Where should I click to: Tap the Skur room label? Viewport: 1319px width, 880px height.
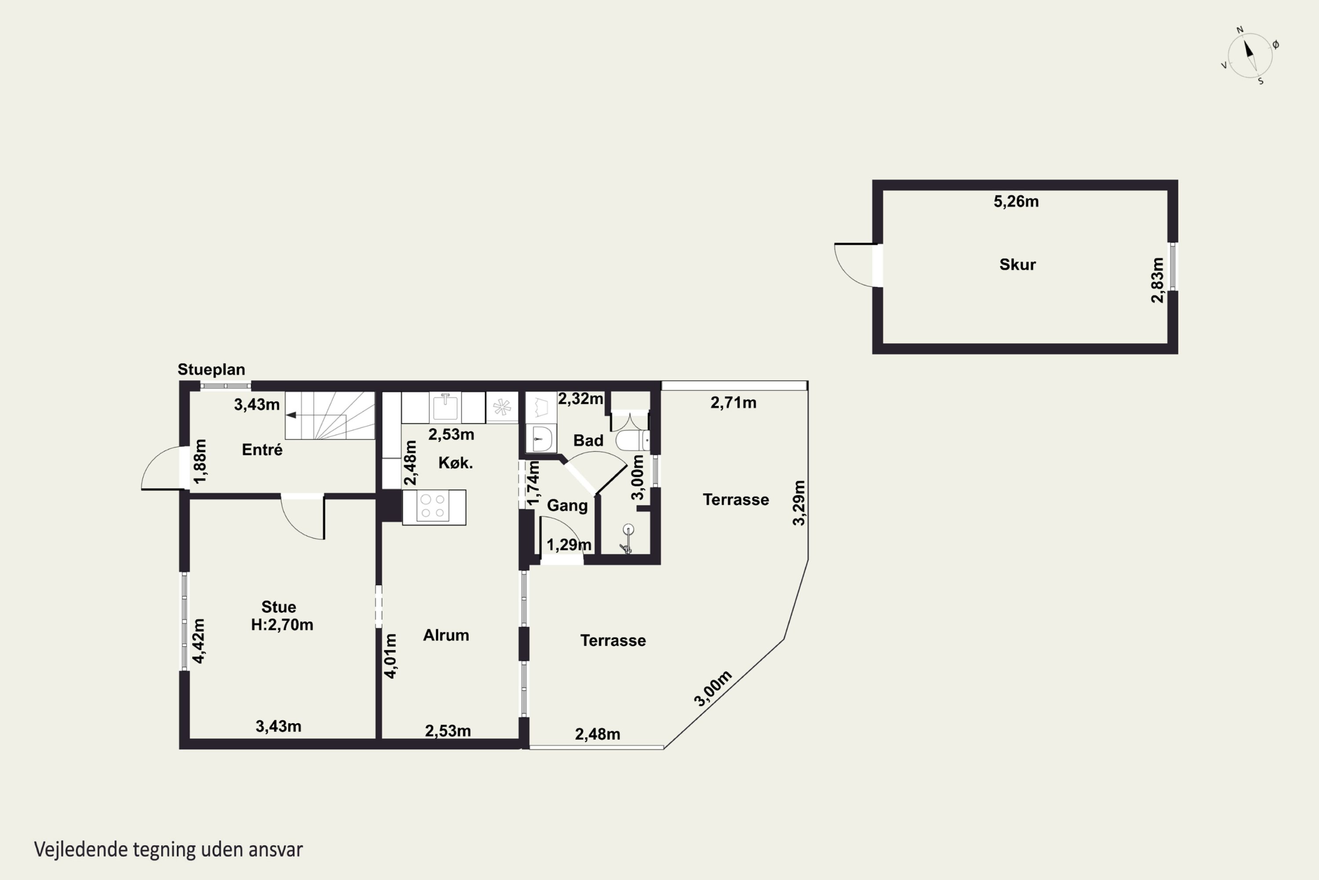[1017, 264]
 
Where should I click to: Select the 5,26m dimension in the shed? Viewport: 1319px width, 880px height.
[1016, 202]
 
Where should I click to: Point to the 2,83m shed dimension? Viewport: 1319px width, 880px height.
[1157, 280]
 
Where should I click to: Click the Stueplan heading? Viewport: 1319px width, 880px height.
[211, 369]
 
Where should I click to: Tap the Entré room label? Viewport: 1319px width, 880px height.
[262, 450]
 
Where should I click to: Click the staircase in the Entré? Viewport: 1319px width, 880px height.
[330, 415]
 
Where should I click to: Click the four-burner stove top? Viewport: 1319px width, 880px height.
[434, 507]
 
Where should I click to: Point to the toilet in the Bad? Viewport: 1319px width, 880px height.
[633, 440]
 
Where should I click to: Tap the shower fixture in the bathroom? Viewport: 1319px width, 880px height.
[627, 539]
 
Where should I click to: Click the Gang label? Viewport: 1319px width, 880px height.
[567, 505]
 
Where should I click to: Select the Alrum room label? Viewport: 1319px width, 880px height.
[446, 635]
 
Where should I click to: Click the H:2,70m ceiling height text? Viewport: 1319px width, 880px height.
[282, 625]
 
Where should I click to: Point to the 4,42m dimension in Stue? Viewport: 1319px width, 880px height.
[199, 641]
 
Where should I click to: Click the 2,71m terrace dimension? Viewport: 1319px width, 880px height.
[733, 403]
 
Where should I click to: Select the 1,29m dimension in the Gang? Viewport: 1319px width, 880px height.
[568, 544]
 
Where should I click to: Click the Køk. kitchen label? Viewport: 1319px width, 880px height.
[455, 462]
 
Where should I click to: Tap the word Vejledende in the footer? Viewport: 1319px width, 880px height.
[81, 849]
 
